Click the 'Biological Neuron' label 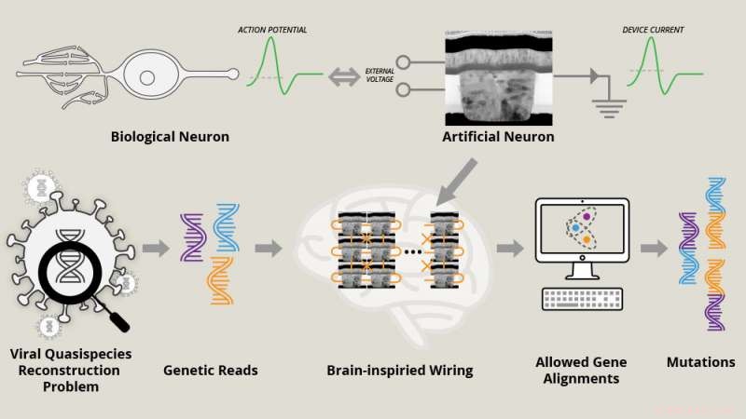(170, 138)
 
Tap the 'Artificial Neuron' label (498, 138)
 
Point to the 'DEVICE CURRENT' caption (653, 30)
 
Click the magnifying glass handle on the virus (118, 318)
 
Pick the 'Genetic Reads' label (211, 370)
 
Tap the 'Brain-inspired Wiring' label (400, 370)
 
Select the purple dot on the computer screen (587, 216)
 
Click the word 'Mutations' (701, 362)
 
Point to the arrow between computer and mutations (653, 249)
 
